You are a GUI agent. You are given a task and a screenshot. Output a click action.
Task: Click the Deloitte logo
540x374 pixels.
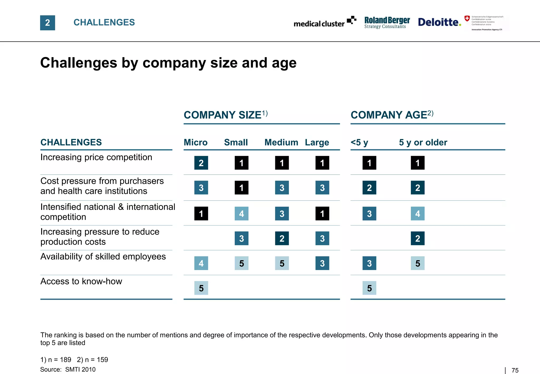coord(439,22)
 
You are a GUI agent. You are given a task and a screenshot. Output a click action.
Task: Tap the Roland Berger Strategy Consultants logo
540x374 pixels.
coord(387,22)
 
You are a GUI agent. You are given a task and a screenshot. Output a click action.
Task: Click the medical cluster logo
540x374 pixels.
coord(325,22)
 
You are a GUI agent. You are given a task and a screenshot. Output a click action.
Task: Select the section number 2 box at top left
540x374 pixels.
coord(47,23)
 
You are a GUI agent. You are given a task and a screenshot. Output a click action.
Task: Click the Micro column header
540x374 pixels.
coord(195,142)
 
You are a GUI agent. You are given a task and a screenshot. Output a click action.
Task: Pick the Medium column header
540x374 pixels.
coord(281,142)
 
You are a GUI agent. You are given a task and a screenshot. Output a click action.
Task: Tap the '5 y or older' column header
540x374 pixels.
coord(423,142)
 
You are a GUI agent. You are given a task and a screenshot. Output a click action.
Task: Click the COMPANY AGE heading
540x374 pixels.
coord(392,115)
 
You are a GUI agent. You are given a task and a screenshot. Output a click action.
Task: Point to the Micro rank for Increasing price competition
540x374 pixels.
coord(201,163)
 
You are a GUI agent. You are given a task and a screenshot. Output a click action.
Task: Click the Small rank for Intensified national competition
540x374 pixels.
coord(242,213)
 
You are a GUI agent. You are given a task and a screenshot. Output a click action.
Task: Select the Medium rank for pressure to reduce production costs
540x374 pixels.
coord(282,238)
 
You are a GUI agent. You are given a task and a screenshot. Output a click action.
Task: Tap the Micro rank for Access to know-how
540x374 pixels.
coord(201,288)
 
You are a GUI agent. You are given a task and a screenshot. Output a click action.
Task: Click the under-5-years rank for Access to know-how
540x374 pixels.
coord(369,288)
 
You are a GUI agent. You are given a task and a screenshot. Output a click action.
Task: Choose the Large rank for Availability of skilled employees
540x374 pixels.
coord(322,263)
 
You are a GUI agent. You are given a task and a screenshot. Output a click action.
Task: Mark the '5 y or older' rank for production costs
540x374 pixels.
coord(418,238)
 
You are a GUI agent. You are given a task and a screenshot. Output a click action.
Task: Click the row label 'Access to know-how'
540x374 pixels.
coord(81,281)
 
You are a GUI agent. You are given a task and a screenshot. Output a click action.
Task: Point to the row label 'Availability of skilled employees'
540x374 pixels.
coord(103,257)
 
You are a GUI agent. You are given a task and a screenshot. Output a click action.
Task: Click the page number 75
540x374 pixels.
coord(515,370)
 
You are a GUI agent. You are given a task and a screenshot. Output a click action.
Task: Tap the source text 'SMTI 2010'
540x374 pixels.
coord(80,370)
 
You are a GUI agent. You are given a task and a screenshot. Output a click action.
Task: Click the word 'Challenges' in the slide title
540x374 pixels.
coord(79,63)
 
